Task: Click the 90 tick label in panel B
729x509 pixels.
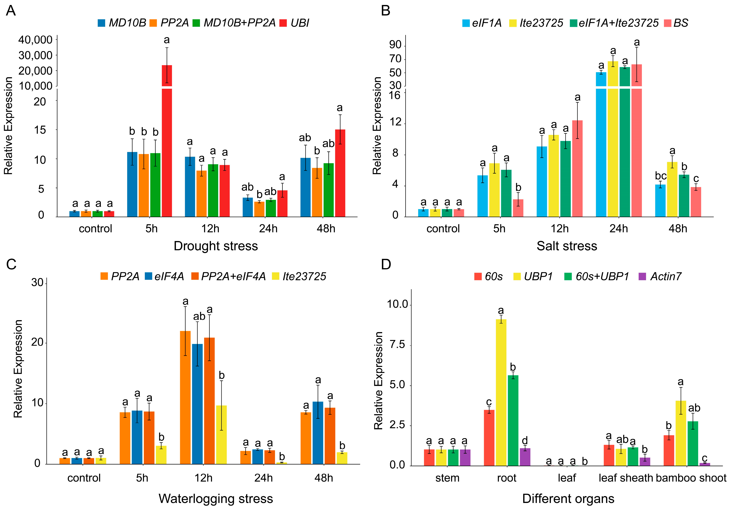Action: coord(395,45)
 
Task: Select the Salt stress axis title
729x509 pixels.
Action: coord(567,246)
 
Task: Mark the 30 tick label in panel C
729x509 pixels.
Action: coord(38,282)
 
